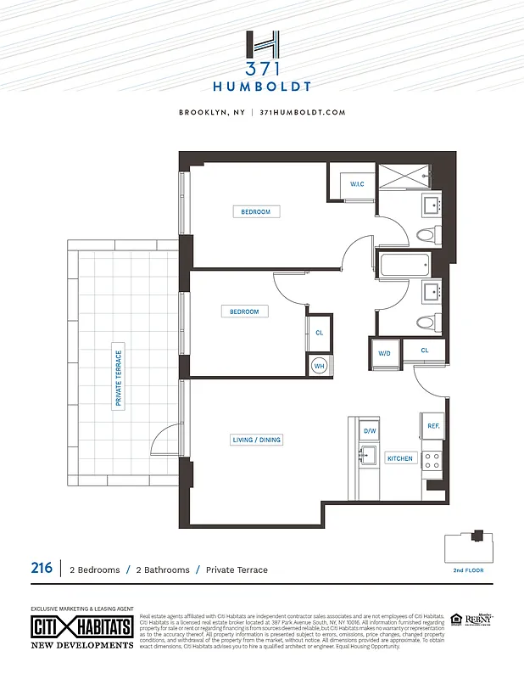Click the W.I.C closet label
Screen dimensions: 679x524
click(357, 184)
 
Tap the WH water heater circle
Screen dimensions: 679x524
click(320, 366)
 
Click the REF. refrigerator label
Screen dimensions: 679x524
click(432, 425)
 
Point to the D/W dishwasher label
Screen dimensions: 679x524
click(370, 431)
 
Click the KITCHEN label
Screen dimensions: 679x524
click(399, 458)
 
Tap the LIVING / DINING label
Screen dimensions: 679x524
click(257, 440)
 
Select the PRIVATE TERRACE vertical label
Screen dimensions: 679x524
click(119, 379)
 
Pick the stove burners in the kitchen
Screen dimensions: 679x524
click(432, 461)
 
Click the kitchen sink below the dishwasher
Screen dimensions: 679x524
click(367, 456)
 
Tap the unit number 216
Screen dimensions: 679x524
click(42, 568)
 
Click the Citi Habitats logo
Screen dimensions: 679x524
click(81, 628)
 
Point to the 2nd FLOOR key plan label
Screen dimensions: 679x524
click(468, 570)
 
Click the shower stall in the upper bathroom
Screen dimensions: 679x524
click(404, 177)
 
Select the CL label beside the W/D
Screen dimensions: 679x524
click(425, 350)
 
